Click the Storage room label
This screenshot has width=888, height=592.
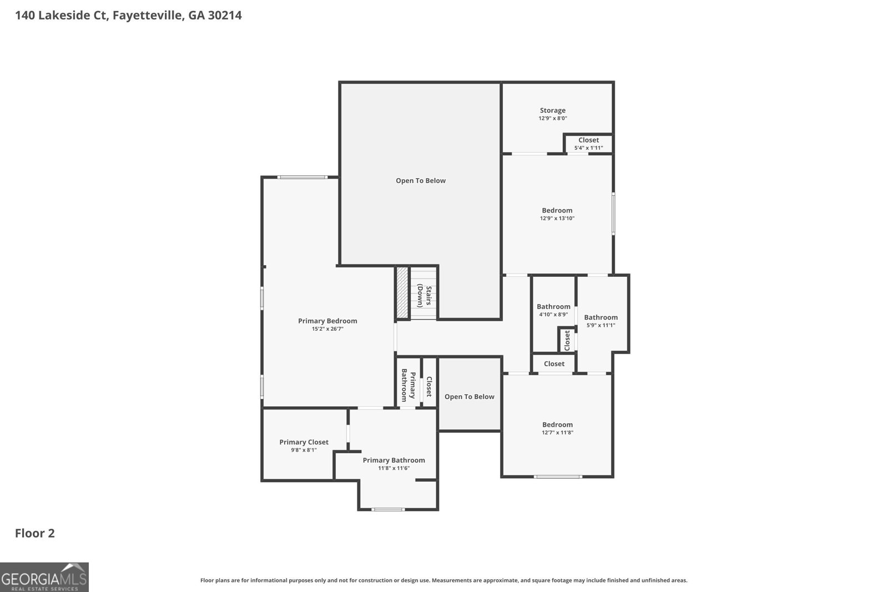tap(552, 110)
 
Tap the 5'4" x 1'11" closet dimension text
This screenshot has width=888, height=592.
tap(588, 148)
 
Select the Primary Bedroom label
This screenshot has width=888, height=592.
tap(327, 321)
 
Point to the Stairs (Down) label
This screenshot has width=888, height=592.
tap(425, 296)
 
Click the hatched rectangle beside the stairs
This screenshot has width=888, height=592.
tap(402, 292)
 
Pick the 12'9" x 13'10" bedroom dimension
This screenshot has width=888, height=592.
tap(557, 219)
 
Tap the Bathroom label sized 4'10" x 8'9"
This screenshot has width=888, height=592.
tap(553, 307)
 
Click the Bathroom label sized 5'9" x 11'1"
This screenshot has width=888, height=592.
tap(601, 317)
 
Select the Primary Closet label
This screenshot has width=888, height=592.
tap(304, 442)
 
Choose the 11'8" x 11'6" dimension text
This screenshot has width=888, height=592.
tap(393, 468)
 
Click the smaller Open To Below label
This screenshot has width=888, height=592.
tap(469, 397)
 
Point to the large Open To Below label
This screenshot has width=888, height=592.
tap(420, 181)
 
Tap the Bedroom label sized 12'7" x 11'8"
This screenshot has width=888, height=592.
tap(557, 425)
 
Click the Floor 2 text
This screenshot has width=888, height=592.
tap(34, 533)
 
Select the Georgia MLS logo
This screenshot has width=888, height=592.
tap(44, 577)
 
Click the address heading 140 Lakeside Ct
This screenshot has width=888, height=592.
tap(128, 15)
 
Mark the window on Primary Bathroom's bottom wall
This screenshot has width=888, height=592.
tap(388, 509)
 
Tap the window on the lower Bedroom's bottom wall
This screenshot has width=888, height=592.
tap(558, 476)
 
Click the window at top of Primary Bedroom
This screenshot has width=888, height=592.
tap(302, 177)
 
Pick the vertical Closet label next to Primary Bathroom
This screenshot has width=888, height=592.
tap(429, 386)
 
